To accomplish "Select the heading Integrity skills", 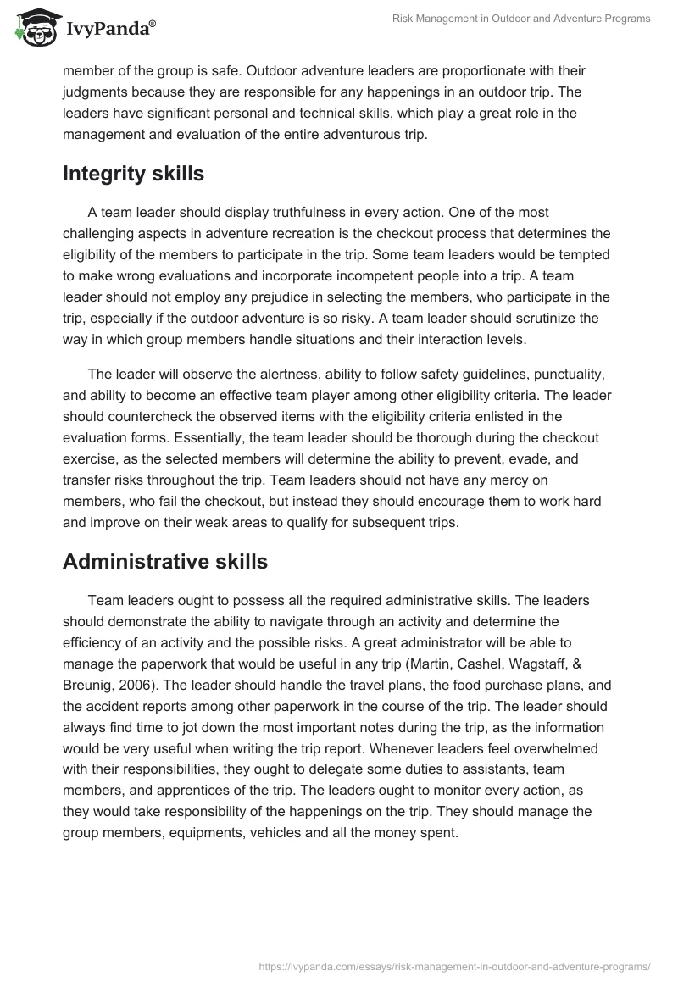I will coord(133,174).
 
